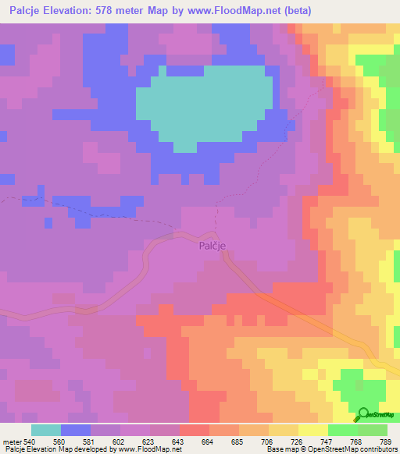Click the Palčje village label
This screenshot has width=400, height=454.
click(x=212, y=246)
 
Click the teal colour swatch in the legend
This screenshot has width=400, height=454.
click(x=46, y=430)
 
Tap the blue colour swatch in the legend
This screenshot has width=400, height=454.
click(x=76, y=430)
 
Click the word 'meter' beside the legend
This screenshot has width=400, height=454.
click(x=11, y=441)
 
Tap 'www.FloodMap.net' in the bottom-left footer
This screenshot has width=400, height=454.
click(x=149, y=449)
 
